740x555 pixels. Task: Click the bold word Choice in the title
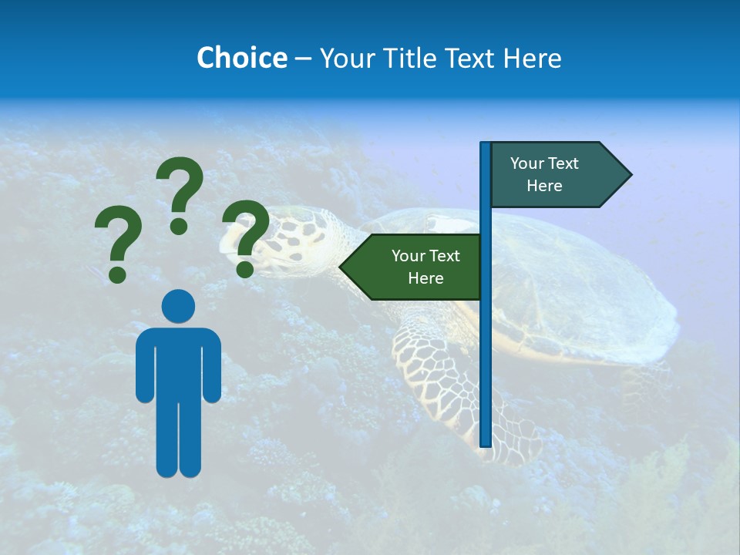click(x=241, y=58)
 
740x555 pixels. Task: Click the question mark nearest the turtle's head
click(x=245, y=238)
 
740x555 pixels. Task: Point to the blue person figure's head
click(x=178, y=306)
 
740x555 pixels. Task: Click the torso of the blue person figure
click(x=178, y=362)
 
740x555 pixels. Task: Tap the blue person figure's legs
click(x=178, y=439)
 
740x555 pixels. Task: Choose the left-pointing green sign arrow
click(x=412, y=267)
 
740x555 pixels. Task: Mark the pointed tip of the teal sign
click(x=630, y=175)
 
